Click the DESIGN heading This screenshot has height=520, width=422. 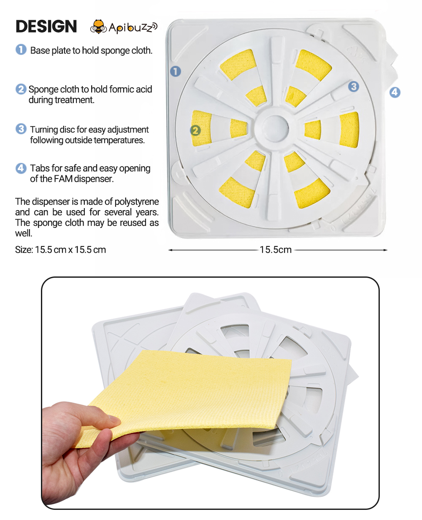point(46,26)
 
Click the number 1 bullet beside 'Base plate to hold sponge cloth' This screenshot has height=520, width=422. point(21,49)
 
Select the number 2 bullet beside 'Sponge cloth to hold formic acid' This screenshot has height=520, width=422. point(21,89)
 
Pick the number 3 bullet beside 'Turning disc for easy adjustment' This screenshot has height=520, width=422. point(21,129)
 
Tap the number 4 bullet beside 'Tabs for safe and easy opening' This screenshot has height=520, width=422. point(21,168)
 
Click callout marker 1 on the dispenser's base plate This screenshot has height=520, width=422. point(176,71)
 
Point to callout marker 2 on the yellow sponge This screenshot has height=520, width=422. point(195,130)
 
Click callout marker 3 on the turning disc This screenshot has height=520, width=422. point(353,87)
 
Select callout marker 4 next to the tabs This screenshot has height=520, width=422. point(395,92)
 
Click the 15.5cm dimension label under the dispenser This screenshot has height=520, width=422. point(276,250)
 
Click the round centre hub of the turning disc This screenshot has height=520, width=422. point(275,128)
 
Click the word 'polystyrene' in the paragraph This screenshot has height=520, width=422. point(136,202)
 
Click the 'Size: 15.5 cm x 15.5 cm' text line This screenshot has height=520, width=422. point(60,250)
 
